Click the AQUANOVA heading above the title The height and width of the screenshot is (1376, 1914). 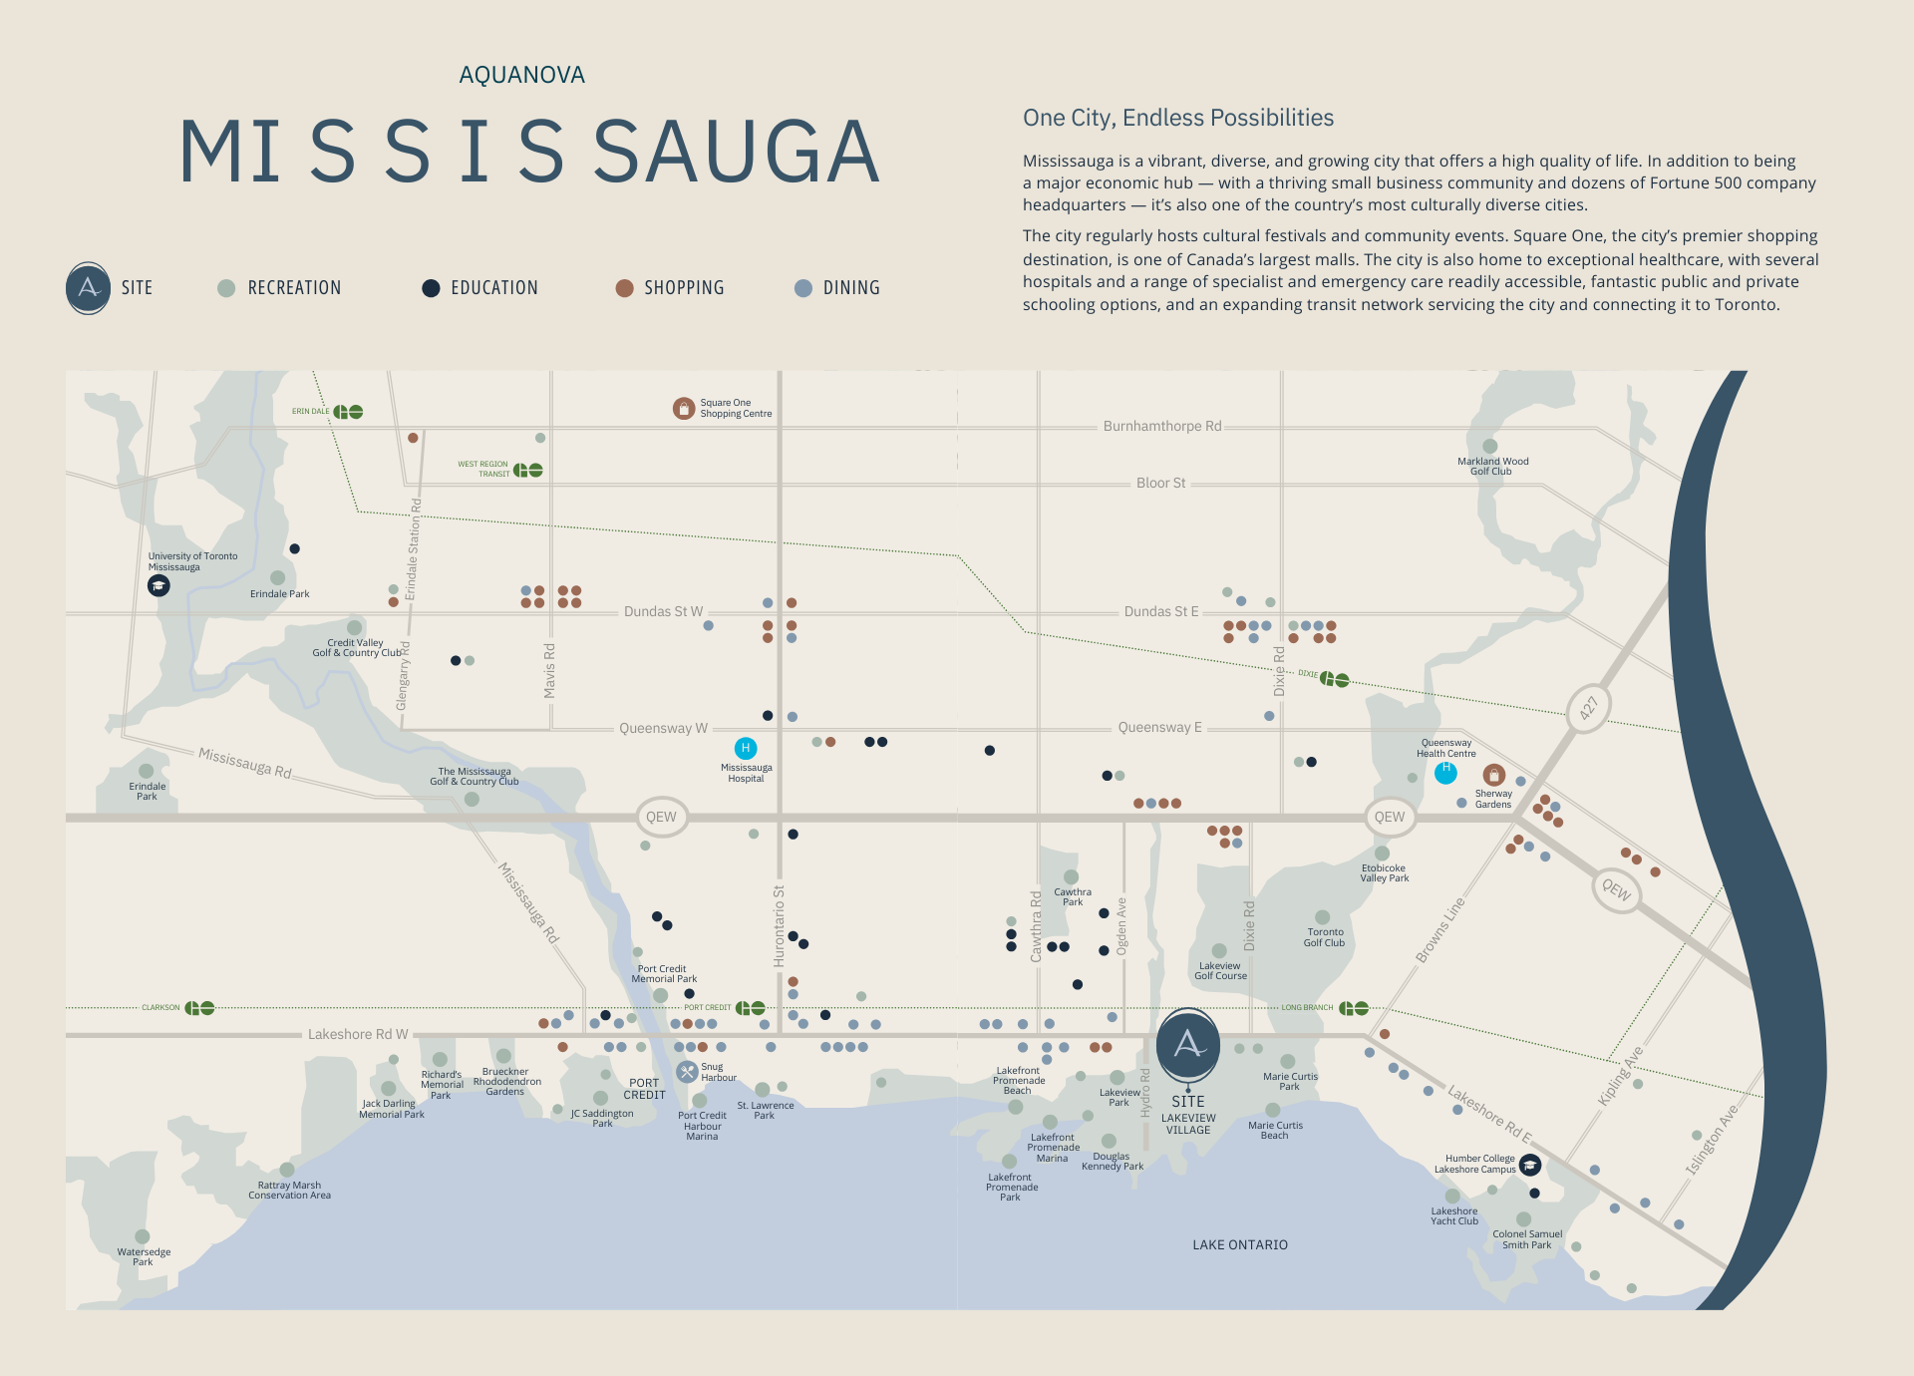coord(521,75)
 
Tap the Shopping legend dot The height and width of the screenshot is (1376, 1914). coord(625,288)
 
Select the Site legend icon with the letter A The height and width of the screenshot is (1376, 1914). coord(88,288)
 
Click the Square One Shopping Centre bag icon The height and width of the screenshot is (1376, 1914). coord(683,408)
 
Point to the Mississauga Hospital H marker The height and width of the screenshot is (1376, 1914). coord(745,748)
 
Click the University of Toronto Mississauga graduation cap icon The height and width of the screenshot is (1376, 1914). coord(159,586)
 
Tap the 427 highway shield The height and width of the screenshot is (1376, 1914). coord(1588,708)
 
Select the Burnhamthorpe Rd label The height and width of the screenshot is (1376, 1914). coord(1161,426)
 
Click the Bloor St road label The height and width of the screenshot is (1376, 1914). coord(1160,483)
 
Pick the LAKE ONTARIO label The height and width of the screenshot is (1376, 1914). coord(1240,1244)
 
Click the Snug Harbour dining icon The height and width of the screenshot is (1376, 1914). coord(687,1072)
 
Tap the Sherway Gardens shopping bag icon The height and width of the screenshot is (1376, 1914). coord(1493,775)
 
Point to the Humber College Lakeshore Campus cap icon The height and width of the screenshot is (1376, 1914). coord(1530,1164)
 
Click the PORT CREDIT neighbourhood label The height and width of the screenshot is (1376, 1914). coord(644,1089)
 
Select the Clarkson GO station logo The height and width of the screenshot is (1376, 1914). coord(200,1008)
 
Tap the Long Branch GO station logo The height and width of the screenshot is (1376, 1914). coord(1354,1008)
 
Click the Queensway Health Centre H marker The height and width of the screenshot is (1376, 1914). coord(1445,771)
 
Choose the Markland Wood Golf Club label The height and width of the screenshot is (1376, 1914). coord(1492,466)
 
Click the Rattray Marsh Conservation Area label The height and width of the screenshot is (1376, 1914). coord(289,1190)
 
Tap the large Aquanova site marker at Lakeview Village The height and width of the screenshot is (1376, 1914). coord(1187,1044)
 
